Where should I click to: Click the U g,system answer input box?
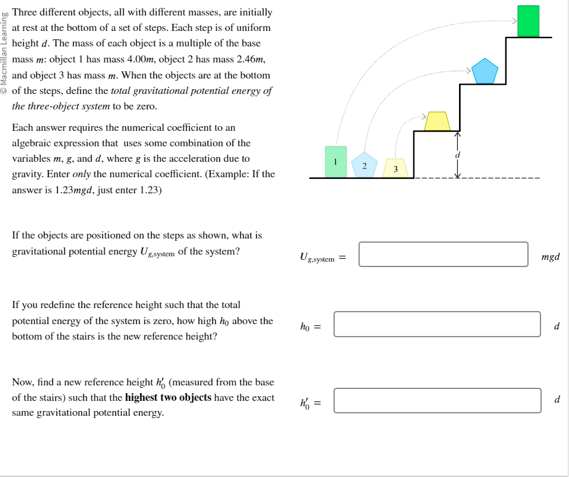point(443,255)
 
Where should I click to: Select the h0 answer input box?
point(437,324)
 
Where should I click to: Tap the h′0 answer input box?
point(437,400)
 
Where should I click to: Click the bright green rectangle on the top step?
point(528,21)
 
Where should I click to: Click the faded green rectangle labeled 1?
point(336,161)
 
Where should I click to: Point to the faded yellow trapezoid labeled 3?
point(395,168)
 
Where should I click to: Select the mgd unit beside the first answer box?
point(550,258)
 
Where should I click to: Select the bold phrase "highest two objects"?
point(168,397)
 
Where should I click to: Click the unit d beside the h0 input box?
point(556,327)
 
